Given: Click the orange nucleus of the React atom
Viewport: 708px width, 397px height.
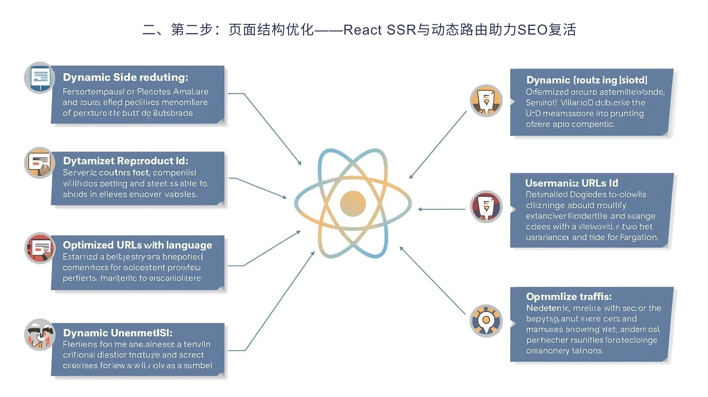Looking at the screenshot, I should coord(353,204).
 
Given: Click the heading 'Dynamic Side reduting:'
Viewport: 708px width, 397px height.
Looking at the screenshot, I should coord(125,77).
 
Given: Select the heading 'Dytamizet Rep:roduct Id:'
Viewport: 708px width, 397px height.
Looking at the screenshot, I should coord(125,161).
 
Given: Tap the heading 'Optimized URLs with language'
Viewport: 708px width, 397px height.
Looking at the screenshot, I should coord(137,245).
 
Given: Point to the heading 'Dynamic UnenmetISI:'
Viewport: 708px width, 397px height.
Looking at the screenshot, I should coord(117,333).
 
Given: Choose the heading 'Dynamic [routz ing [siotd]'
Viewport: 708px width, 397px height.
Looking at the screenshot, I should coord(586,80).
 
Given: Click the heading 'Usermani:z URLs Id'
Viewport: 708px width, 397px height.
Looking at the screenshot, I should coord(571,183).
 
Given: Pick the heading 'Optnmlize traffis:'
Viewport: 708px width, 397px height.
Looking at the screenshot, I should coord(569,296).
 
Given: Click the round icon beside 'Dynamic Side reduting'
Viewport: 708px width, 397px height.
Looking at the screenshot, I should coord(40,78).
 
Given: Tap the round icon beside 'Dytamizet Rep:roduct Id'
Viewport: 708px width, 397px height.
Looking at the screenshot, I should coord(40,163).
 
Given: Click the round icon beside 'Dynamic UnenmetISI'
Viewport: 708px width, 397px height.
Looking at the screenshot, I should coord(40,335).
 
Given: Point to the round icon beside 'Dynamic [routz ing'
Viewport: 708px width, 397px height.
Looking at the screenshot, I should coord(486,101).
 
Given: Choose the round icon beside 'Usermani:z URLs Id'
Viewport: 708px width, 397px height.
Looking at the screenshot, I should coord(486,206).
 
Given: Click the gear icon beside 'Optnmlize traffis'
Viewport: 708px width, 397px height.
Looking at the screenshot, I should coord(486,320).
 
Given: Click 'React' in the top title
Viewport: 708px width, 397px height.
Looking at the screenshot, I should coord(362,30).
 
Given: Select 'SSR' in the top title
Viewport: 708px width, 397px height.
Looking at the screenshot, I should coord(401,30).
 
